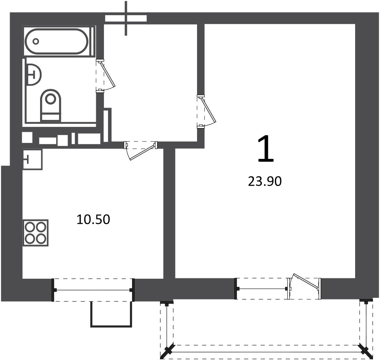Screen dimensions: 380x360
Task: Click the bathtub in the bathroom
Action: point(56,41)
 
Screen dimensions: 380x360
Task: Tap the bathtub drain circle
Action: point(36,42)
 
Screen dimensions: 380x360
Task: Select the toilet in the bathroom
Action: point(50,105)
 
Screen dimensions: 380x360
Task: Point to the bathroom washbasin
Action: point(33,75)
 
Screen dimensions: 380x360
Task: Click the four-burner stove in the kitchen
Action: point(35,233)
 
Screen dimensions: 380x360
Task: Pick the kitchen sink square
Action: point(32,159)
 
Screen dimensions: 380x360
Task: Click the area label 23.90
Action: point(265,181)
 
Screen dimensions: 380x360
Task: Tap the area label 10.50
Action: point(93,219)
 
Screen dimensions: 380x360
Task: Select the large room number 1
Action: point(265,148)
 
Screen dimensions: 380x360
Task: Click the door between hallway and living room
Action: point(206,111)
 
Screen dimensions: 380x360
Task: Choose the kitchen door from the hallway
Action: point(141,150)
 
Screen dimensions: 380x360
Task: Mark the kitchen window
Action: point(93,290)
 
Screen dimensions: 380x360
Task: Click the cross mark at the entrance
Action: point(126,19)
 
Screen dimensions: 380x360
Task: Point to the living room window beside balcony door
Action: point(262,288)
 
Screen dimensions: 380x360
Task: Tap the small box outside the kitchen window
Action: point(111,314)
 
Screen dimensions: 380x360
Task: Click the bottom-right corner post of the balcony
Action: point(366,351)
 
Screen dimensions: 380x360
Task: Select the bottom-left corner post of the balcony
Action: point(167,351)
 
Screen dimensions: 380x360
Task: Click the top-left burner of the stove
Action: point(30,227)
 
